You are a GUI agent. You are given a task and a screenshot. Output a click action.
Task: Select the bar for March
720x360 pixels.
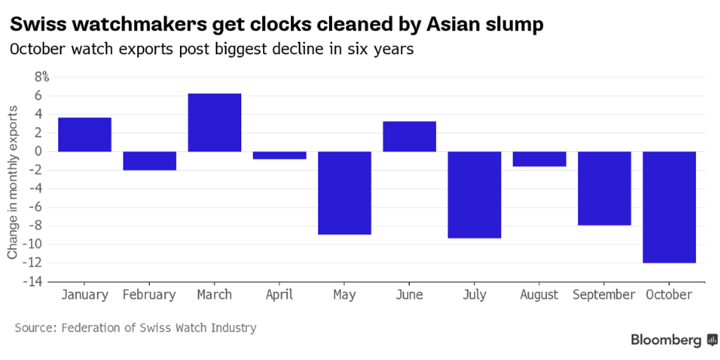(x=214, y=122)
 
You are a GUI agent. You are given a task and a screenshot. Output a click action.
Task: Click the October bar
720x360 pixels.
(x=669, y=207)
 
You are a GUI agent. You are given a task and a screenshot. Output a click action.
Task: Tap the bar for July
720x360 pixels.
(x=475, y=195)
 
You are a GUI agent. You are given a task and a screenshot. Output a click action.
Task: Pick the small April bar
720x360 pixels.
(x=279, y=155)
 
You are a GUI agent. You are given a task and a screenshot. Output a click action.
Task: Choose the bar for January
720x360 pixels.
(x=84, y=134)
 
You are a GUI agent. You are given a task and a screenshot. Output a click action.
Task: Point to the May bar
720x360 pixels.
(x=345, y=193)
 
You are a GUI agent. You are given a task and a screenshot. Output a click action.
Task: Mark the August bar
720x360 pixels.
(x=539, y=159)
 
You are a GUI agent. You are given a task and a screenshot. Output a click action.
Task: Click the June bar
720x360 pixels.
(x=409, y=136)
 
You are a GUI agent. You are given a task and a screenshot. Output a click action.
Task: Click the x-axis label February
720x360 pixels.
(x=149, y=295)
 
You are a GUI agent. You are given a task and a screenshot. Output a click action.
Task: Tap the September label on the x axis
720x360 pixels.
(x=604, y=295)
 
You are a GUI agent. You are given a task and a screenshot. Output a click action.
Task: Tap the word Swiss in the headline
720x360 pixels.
(x=36, y=25)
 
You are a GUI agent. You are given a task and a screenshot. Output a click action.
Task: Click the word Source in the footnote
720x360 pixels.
(x=34, y=328)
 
